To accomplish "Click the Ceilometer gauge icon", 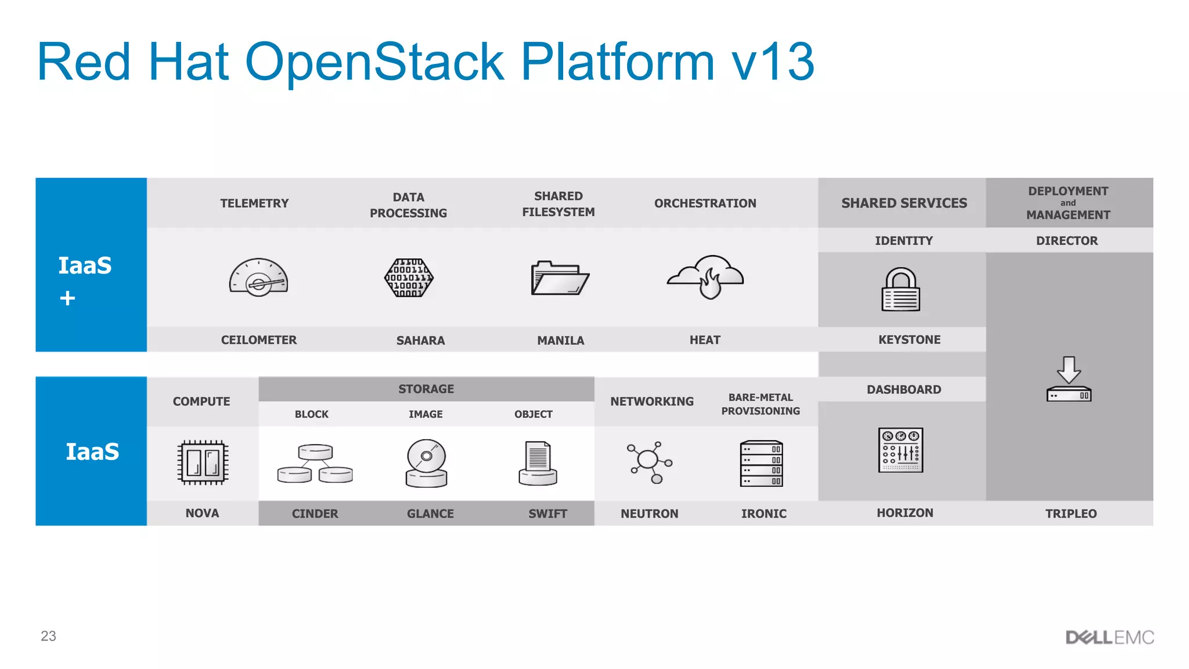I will click(x=259, y=278).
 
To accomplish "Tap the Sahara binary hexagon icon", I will click(x=409, y=278).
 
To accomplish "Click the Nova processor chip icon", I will click(x=203, y=462).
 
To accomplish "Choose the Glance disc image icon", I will click(x=426, y=463).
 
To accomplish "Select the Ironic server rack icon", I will click(x=761, y=463).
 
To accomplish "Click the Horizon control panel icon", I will click(x=900, y=450).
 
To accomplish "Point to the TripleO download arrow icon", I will click(x=1069, y=379).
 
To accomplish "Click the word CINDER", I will click(x=315, y=513).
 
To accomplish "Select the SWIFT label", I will click(x=547, y=513).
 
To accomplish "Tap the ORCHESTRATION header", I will click(x=705, y=203).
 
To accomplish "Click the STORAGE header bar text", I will click(x=426, y=389).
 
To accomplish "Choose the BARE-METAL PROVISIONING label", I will click(x=761, y=404).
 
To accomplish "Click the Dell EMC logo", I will click(x=1109, y=638).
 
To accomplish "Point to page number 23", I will click(x=48, y=636).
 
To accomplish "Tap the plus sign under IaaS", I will click(x=67, y=298).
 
